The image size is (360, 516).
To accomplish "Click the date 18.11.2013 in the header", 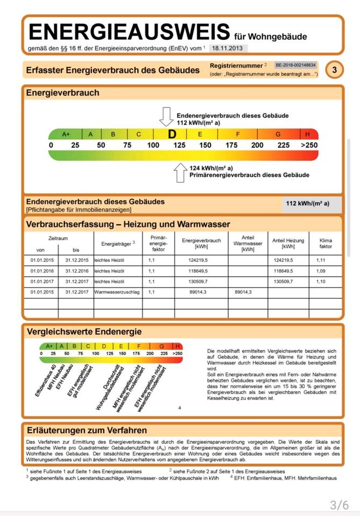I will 227,48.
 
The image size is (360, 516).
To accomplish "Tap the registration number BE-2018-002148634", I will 296,65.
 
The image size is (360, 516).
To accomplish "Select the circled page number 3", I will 335,70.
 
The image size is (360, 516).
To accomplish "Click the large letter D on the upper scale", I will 172,134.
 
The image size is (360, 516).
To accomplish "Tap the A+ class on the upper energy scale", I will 66,134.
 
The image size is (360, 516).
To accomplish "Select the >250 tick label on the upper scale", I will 309,145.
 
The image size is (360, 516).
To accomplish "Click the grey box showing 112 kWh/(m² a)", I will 307,204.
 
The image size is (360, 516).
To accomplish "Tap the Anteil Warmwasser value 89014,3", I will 243,292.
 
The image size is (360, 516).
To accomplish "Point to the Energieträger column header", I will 118,244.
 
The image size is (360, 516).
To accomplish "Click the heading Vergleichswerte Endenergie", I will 84,332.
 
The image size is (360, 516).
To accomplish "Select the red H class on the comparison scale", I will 178,346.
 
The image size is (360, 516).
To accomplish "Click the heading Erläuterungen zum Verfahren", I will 87,430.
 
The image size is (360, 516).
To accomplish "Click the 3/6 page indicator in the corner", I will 339,505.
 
